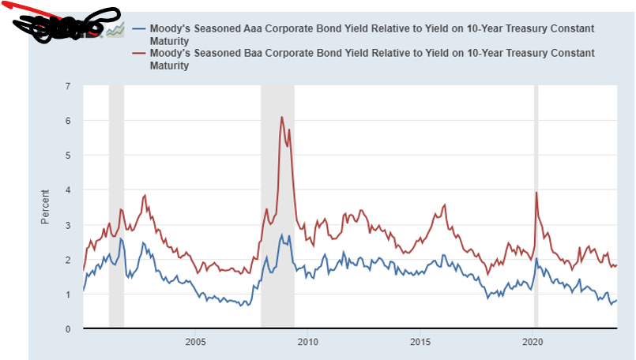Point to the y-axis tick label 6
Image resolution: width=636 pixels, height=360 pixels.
point(68,120)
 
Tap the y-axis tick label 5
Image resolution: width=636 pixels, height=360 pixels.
point(68,155)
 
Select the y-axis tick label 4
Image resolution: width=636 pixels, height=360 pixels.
point(68,189)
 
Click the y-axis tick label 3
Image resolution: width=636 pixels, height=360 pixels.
point(68,225)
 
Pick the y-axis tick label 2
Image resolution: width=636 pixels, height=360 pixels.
point(68,260)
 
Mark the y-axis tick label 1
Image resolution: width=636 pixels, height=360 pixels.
point(68,294)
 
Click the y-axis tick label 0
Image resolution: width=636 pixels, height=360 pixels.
point(68,329)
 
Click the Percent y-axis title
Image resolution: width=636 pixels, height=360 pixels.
point(45,206)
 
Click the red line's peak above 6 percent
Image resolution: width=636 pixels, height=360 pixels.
point(282,117)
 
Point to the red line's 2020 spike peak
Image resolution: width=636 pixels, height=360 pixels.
point(536,192)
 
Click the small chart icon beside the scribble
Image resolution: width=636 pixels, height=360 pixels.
point(115,29)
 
